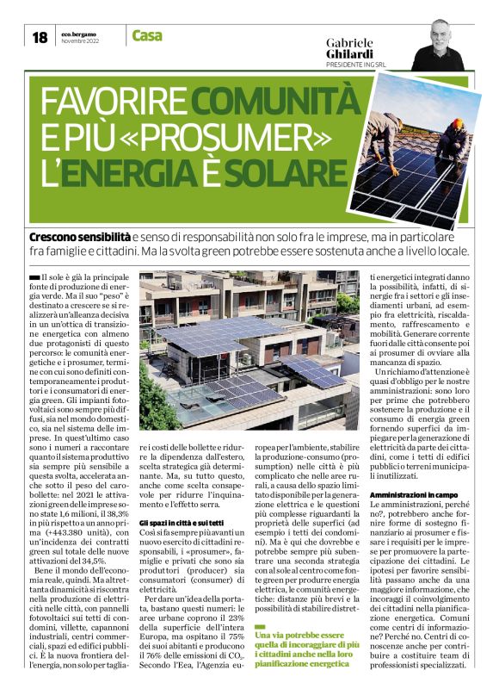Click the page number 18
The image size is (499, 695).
40,37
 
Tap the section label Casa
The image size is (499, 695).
147,35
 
